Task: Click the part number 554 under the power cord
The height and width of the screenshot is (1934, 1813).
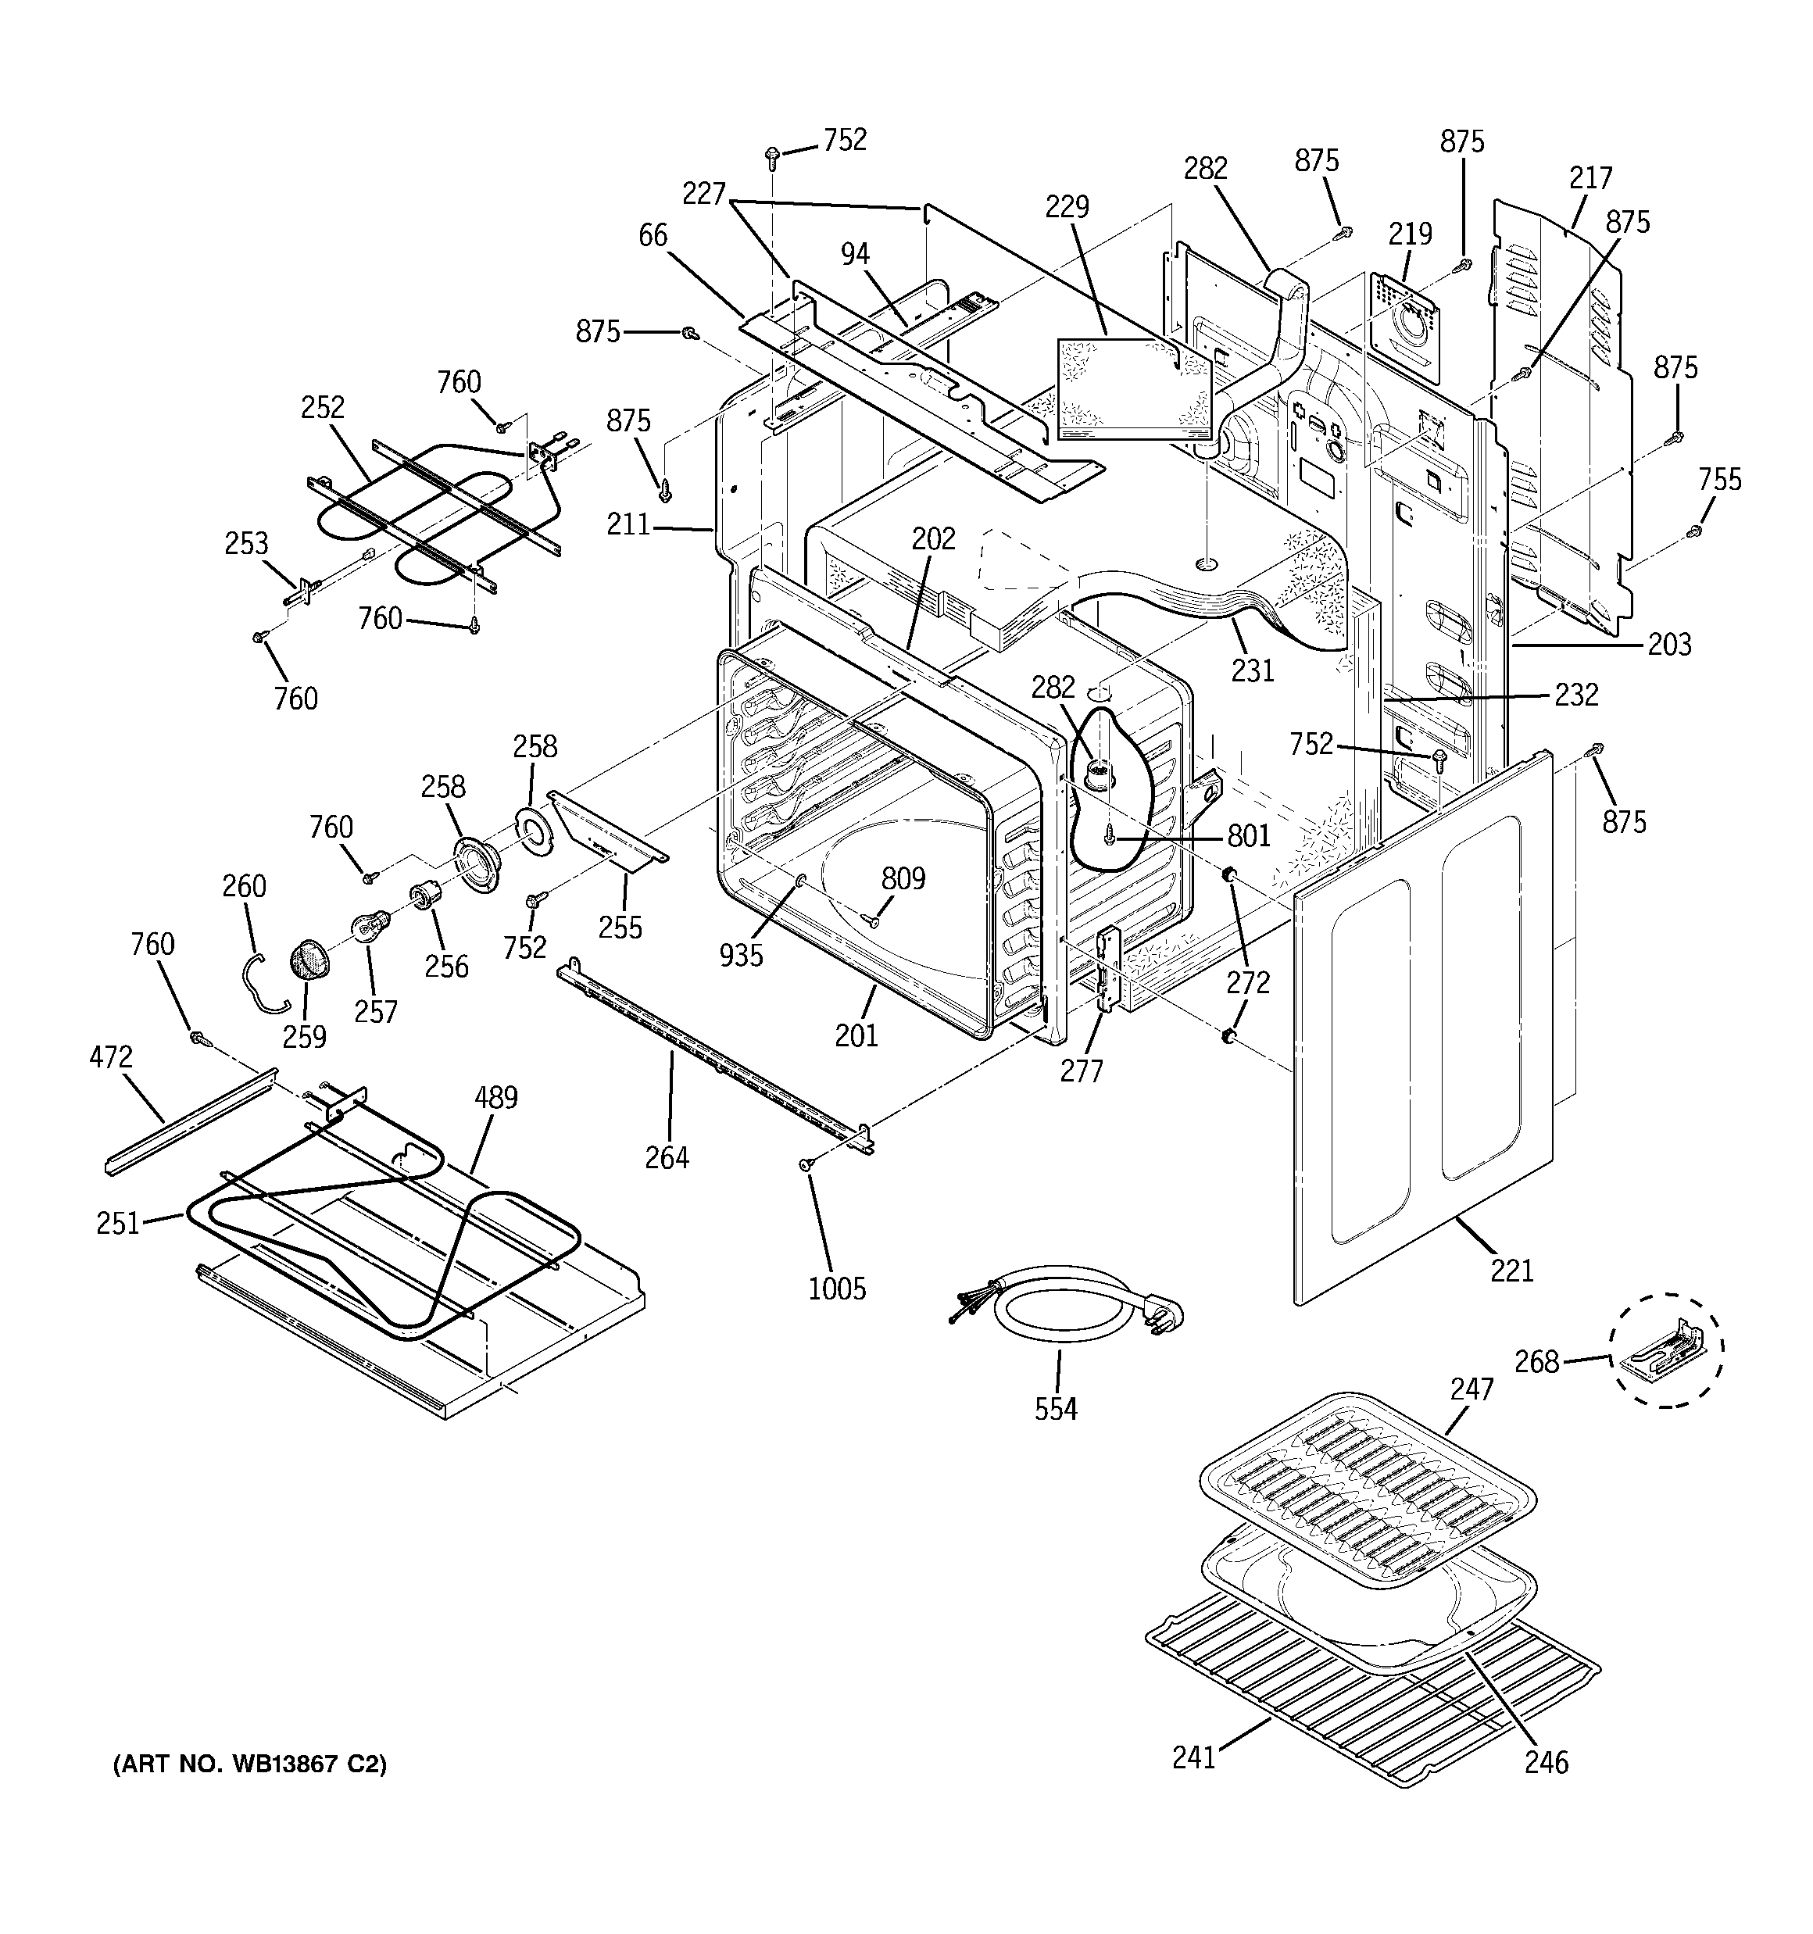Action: click(1056, 1409)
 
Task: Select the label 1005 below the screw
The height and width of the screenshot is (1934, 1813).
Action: click(837, 1289)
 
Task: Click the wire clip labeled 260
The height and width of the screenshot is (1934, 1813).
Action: click(263, 982)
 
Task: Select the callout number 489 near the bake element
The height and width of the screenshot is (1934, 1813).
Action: click(495, 1097)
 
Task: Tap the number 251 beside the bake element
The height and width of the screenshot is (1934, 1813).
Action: click(118, 1223)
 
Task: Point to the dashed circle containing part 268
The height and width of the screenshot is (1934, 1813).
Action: click(1664, 1350)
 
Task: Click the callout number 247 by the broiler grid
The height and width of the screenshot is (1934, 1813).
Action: click(1471, 1389)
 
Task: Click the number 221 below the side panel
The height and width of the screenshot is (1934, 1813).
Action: click(1512, 1270)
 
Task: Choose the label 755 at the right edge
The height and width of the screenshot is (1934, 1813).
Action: click(1719, 479)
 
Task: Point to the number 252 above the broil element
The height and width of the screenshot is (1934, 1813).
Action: click(322, 408)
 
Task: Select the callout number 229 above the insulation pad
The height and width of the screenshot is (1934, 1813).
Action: click(1067, 206)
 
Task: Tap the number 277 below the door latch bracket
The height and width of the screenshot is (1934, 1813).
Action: click(1082, 1071)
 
